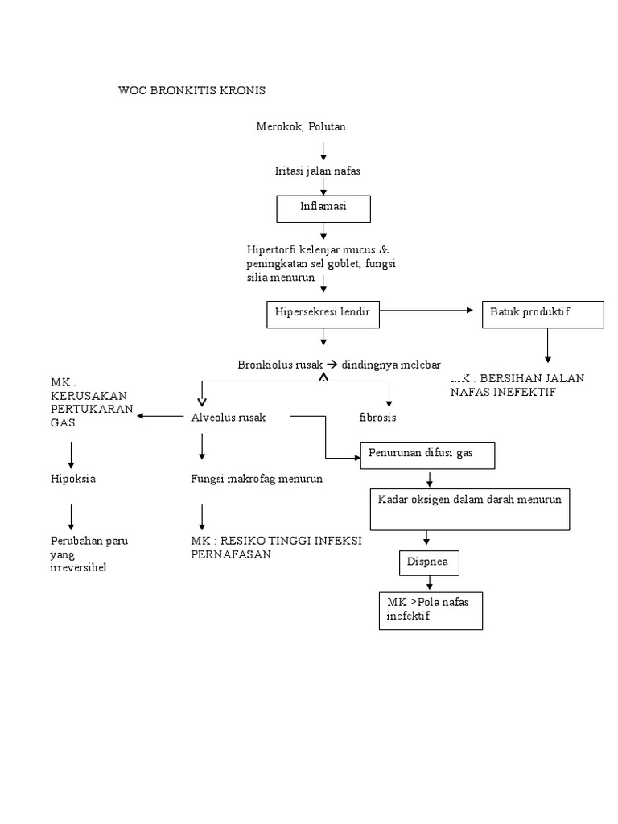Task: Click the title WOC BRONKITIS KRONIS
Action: tap(192, 90)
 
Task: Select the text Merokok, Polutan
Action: tap(301, 126)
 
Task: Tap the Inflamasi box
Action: tap(323, 208)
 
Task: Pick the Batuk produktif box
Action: tap(543, 314)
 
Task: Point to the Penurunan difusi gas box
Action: tap(427, 455)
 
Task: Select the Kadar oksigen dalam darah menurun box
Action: tap(470, 508)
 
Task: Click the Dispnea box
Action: tap(429, 563)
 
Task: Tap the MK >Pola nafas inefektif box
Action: tap(431, 611)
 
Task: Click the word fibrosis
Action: tap(377, 418)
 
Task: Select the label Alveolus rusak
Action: tap(228, 418)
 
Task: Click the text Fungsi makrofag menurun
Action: tap(257, 479)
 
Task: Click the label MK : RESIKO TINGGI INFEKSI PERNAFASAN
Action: tap(276, 547)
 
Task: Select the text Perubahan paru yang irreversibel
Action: tap(89, 554)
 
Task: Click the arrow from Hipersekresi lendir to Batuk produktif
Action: tap(427, 311)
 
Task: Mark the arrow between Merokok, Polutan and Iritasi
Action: tap(323, 150)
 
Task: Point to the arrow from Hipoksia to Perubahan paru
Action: tap(72, 515)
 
